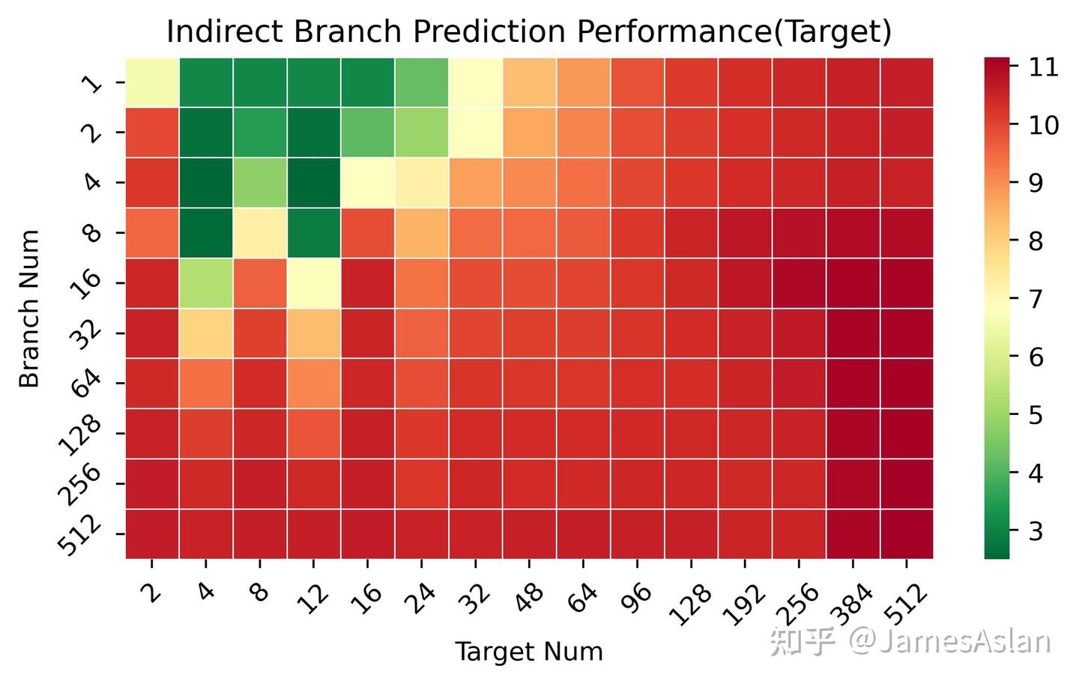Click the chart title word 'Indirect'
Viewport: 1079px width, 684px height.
(225, 31)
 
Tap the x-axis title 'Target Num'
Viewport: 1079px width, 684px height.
(529, 653)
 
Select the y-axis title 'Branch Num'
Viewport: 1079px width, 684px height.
(29, 309)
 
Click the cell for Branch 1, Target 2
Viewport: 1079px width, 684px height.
(152, 82)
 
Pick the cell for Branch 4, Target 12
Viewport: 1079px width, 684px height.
(313, 183)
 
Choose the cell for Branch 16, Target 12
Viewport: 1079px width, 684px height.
(313, 282)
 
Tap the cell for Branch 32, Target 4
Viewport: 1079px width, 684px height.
(206, 333)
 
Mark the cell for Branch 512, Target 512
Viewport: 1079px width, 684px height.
(907, 533)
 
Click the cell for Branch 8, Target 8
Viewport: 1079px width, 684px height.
(260, 233)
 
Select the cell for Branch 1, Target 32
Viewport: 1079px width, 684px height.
(475, 82)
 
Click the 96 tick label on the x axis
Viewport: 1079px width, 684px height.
(637, 599)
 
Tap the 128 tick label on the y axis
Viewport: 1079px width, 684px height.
(80, 435)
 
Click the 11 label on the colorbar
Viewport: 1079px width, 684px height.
(1043, 67)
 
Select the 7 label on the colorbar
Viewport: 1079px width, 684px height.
(1036, 299)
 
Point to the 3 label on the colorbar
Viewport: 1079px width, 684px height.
(1036, 531)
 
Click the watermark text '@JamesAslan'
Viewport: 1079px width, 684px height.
(949, 641)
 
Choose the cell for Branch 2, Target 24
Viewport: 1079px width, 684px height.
(421, 133)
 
